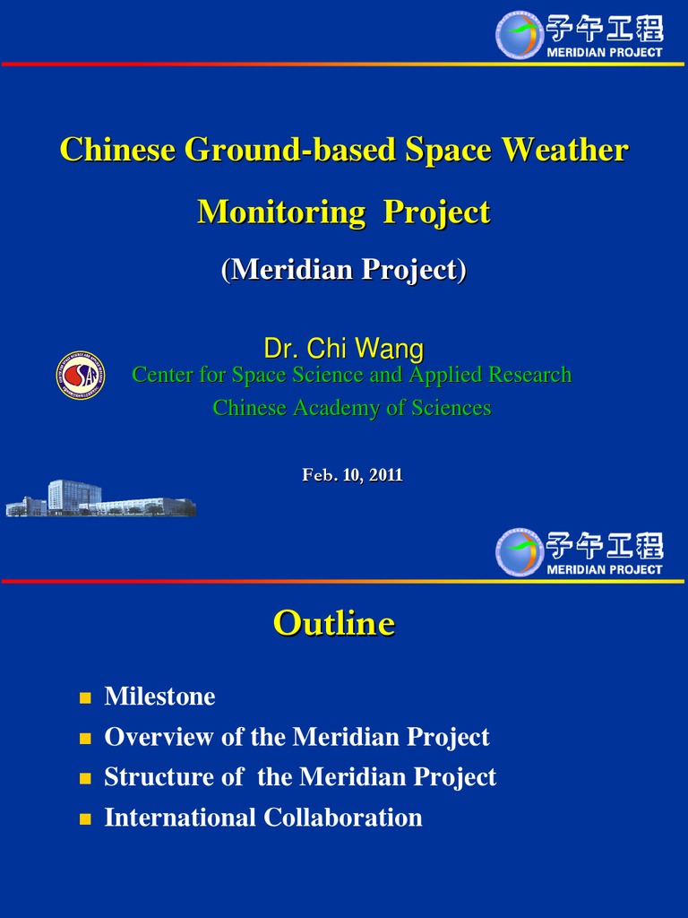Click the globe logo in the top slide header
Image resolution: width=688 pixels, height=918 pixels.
click(520, 35)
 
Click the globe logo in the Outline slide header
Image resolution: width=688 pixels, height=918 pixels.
click(520, 551)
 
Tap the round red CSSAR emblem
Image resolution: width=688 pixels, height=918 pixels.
click(81, 376)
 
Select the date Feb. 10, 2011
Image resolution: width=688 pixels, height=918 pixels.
click(352, 475)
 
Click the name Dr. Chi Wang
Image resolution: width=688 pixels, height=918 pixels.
click(343, 348)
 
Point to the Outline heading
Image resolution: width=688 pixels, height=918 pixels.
click(333, 623)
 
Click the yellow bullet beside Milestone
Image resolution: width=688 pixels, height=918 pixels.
click(86, 697)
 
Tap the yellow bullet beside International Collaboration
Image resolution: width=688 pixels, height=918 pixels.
click(86, 818)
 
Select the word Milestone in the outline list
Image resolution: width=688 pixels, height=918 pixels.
click(159, 697)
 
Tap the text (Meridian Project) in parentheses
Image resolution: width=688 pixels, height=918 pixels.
click(343, 270)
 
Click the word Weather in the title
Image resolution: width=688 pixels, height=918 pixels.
click(564, 150)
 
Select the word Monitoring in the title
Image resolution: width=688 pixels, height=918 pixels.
click(281, 212)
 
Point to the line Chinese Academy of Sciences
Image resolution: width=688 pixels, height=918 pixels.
click(351, 408)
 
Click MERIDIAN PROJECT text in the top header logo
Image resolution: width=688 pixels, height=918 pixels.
click(605, 52)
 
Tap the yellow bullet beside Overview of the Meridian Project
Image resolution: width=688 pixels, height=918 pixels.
click(86, 738)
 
